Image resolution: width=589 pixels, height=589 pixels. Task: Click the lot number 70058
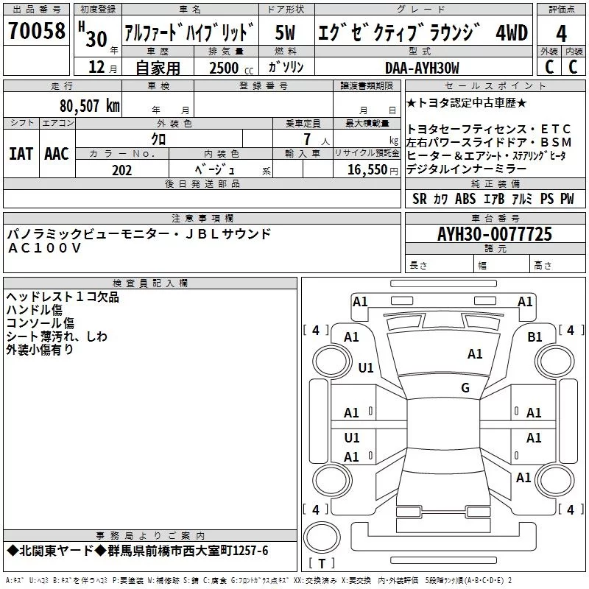[x=36, y=32]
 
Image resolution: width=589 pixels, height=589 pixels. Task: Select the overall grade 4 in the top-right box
[x=561, y=34]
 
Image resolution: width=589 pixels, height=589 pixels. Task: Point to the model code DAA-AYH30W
[x=422, y=68]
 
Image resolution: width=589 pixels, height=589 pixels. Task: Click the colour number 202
[x=121, y=170]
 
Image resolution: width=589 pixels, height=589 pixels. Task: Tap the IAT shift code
[x=21, y=154]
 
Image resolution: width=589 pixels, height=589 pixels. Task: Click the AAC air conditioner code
[x=57, y=154]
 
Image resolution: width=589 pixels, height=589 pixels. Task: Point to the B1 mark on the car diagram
[x=535, y=336]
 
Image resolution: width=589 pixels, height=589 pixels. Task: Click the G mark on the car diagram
[x=465, y=388]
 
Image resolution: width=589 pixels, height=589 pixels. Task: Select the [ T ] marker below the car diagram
[x=321, y=564]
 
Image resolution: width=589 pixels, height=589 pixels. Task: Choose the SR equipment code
[x=419, y=199]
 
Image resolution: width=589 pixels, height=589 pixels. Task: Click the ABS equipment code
[x=465, y=199]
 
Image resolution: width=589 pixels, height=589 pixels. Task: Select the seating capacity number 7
[x=305, y=139]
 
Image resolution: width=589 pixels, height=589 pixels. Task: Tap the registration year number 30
[x=96, y=39]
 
